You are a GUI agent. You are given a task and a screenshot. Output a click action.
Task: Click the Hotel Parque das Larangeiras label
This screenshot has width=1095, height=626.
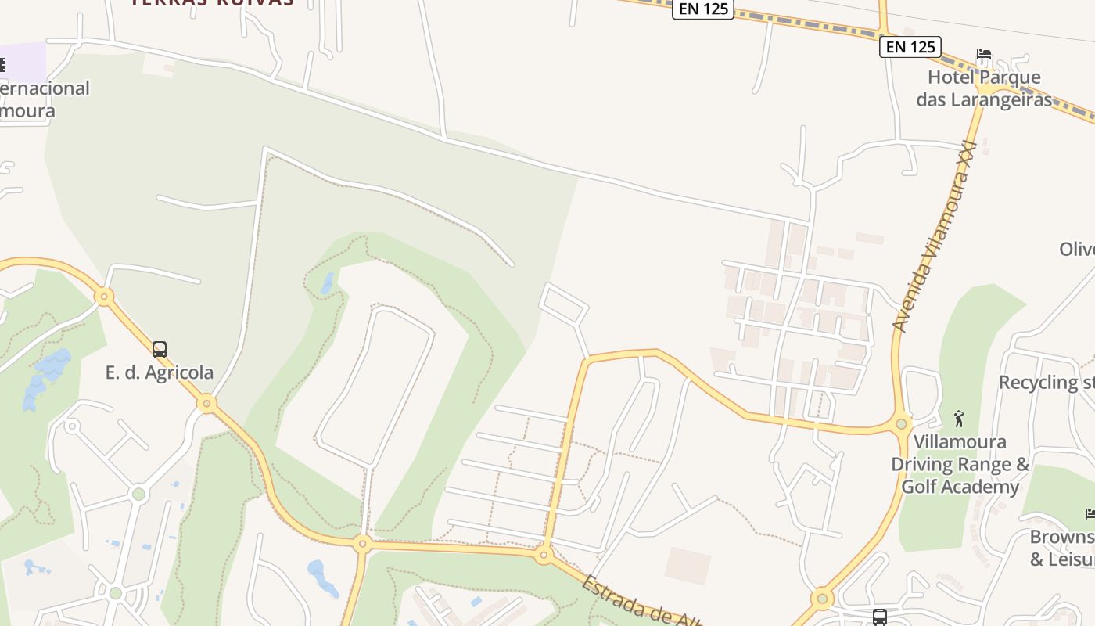coord(984,88)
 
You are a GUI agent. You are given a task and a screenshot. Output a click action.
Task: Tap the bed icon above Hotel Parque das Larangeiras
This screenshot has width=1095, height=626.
coord(984,54)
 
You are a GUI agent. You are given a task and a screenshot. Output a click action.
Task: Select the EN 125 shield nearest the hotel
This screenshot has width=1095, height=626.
coord(910,47)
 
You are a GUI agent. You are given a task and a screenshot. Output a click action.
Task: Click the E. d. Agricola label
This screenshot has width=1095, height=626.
coord(160,372)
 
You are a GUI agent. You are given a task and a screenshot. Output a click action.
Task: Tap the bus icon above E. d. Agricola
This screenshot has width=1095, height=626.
coord(160,349)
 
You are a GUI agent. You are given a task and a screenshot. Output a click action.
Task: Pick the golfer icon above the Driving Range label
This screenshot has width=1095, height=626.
coord(960,419)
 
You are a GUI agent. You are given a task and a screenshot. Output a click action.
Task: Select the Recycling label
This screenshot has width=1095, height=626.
coord(1046,382)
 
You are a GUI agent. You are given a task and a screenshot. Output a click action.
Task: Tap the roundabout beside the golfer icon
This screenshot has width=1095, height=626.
coord(902,423)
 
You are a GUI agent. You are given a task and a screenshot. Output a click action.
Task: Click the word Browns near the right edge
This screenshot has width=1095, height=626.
coord(1062,537)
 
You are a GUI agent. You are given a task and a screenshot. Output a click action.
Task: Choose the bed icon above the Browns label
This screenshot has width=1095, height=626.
coord(1090,513)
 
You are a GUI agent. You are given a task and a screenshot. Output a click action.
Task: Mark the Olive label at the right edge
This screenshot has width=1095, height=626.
coord(1077,249)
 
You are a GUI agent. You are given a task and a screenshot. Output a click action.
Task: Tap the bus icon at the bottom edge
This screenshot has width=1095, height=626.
coord(880,617)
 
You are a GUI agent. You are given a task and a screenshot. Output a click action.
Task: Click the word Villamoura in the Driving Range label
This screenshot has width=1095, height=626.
coord(949,441)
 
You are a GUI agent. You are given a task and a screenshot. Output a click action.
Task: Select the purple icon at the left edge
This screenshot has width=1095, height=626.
coord(3,65)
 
